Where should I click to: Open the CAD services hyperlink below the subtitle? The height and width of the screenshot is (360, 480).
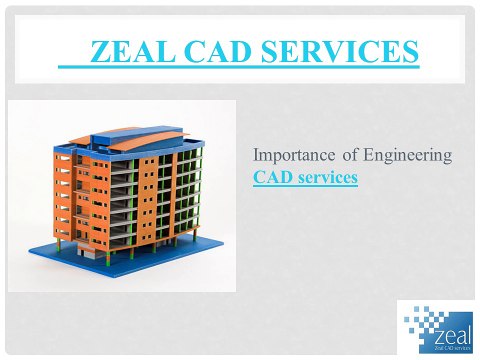coord(305,178)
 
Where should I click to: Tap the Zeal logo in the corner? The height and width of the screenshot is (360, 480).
coord(436,325)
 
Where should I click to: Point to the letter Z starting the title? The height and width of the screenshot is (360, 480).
coord(97,52)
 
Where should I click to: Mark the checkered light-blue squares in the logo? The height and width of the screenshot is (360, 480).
coord(415,320)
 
